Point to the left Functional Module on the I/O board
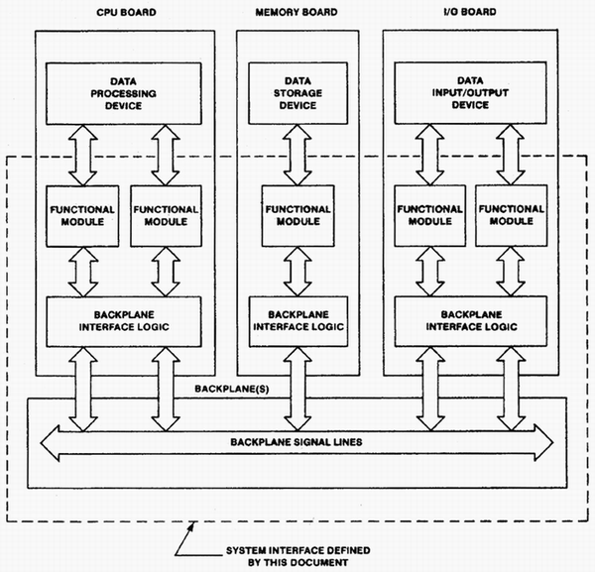click(x=427, y=215)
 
